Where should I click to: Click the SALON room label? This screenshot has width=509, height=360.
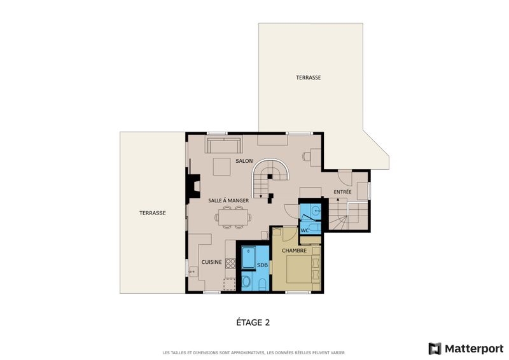pos(244,161)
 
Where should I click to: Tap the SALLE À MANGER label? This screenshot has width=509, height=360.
pos(228,200)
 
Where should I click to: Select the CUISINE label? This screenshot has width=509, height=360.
pos(212,262)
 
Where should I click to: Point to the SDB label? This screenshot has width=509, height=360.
pos(262,265)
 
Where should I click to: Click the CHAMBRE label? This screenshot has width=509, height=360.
pos(294,251)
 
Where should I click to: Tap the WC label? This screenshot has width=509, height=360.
pos(305,231)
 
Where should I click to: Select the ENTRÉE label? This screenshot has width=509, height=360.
pos(342,192)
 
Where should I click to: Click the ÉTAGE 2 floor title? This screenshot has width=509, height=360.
pos(253,322)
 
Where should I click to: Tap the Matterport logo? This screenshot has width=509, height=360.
pos(466,349)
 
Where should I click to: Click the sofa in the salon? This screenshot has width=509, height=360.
pos(224,145)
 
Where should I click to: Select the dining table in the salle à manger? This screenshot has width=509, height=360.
pos(233,217)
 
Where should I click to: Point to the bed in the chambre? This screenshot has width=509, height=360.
pos(299,269)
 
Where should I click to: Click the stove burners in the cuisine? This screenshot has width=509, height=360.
pos(230,263)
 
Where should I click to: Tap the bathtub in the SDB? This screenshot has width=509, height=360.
pos(249,258)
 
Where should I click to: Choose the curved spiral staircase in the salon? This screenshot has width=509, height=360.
pos(270,177)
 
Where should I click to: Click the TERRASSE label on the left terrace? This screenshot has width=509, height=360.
pos(153,213)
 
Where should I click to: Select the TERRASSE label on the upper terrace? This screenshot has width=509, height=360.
pos(309,78)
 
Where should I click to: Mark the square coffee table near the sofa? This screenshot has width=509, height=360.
pos(221,167)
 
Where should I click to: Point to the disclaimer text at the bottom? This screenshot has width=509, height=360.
pos(253,352)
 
